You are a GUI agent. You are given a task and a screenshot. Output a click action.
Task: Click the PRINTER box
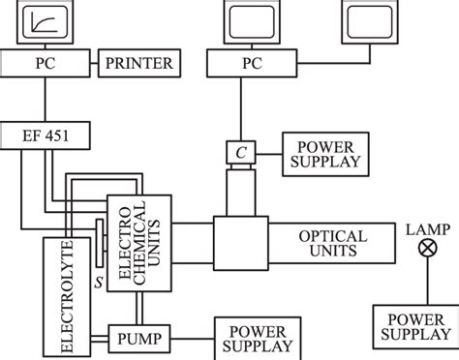(137, 66)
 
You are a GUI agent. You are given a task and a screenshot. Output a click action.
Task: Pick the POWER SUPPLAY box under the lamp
(413, 329)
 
